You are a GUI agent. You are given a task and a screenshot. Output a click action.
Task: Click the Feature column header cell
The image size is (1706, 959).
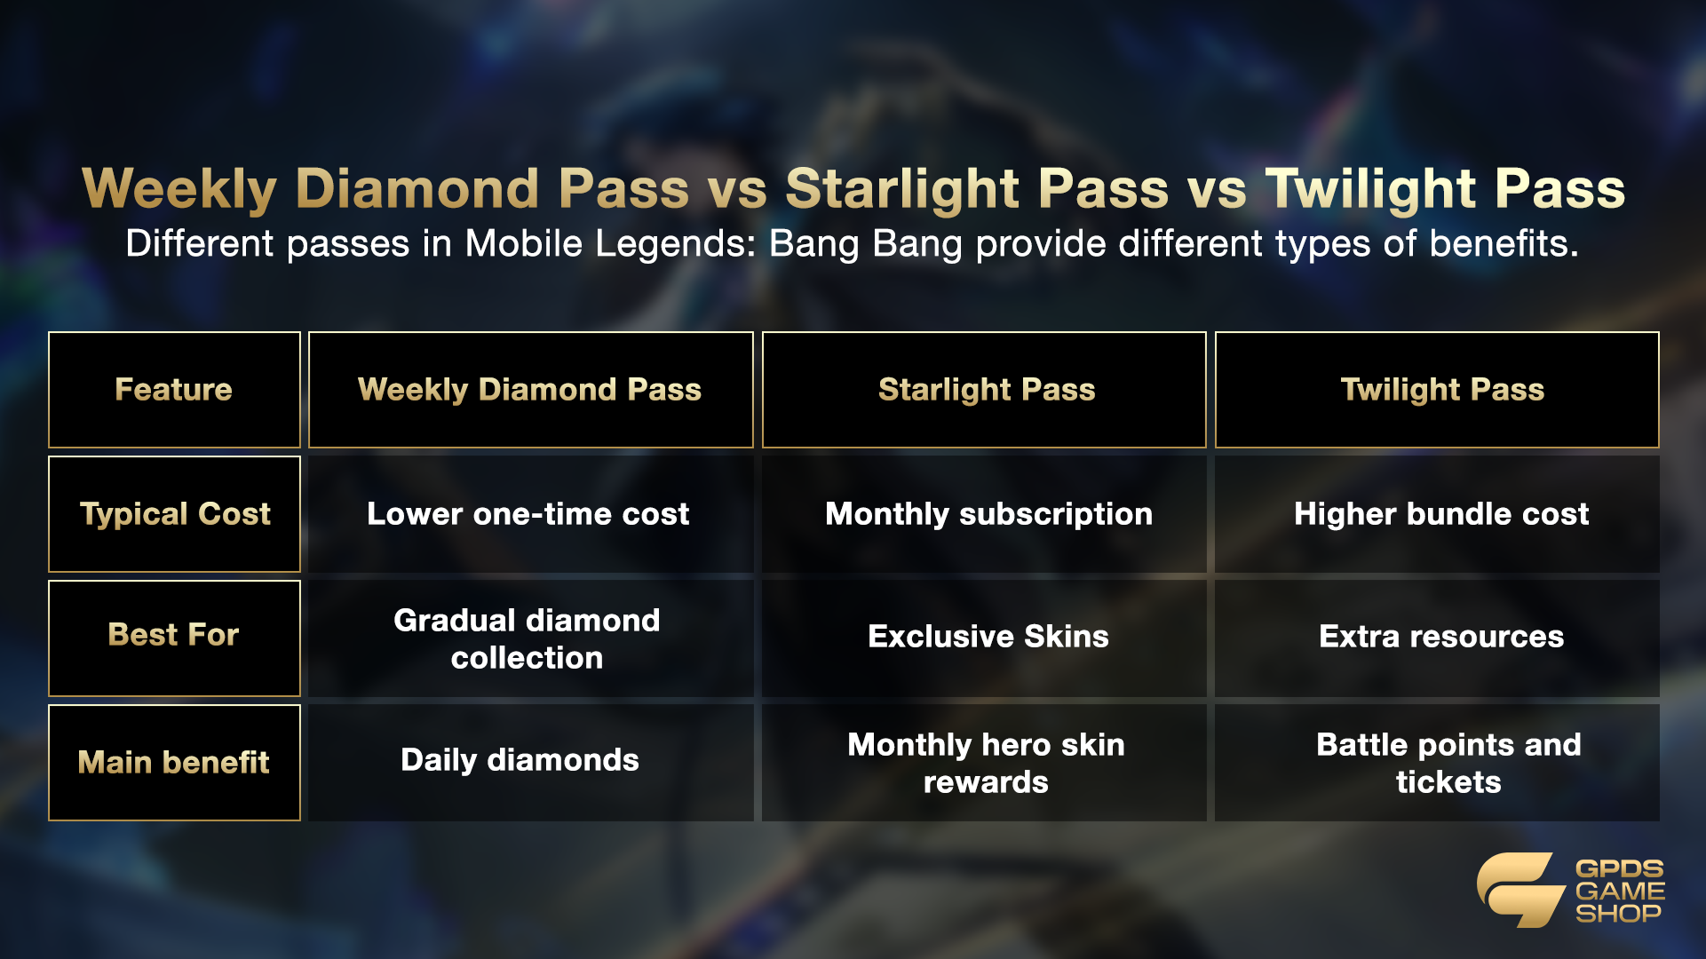pyautogui.click(x=174, y=390)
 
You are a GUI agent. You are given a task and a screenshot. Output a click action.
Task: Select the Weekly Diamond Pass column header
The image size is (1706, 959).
pyautogui.click(x=530, y=390)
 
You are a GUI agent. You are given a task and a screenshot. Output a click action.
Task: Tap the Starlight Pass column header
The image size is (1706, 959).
pyautogui.click(x=984, y=390)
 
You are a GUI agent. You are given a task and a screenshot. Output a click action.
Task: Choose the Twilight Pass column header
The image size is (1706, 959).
pyautogui.click(x=1437, y=390)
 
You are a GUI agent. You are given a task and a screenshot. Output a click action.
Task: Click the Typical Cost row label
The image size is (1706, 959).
pyautogui.click(x=174, y=514)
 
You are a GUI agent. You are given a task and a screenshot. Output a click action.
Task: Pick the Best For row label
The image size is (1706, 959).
pyautogui.click(x=174, y=638)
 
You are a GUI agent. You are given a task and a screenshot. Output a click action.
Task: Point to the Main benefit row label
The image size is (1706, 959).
pyautogui.click(x=174, y=763)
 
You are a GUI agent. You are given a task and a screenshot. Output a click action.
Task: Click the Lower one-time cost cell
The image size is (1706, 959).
pyautogui.click(x=530, y=514)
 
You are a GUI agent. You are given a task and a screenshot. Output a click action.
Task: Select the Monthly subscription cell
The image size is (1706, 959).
pyautogui.click(x=984, y=514)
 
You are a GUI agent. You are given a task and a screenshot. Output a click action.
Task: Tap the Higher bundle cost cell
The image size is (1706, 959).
pyautogui.click(x=1437, y=514)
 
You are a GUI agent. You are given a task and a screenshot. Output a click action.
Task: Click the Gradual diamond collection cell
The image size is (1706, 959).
pyautogui.click(x=530, y=638)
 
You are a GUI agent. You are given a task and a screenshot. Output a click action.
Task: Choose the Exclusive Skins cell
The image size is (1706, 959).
pyautogui.click(x=984, y=638)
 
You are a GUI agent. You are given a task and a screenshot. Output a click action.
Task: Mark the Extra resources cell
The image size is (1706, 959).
pyautogui.click(x=1437, y=638)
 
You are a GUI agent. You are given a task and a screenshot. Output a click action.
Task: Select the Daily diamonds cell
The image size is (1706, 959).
pyautogui.click(x=530, y=763)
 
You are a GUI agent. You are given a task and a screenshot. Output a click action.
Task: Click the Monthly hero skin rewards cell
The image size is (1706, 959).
pyautogui.click(x=984, y=763)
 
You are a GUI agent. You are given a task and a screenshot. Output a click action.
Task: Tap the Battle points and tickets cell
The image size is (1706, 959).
pyautogui.click(x=1437, y=763)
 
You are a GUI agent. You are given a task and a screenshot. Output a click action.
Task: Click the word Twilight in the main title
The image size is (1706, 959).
pyautogui.click(x=1371, y=190)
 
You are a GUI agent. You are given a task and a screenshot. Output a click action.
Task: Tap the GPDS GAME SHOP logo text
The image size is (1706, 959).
pyautogui.click(x=1620, y=891)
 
